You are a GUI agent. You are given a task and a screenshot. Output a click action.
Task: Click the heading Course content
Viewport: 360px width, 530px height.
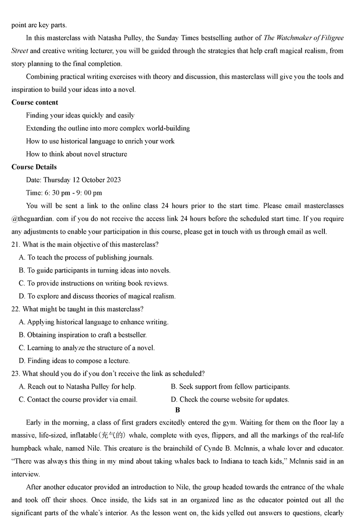(35, 102)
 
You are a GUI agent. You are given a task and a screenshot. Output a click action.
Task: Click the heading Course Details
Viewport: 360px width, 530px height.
(34, 167)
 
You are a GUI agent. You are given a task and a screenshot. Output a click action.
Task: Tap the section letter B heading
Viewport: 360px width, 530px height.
(178, 410)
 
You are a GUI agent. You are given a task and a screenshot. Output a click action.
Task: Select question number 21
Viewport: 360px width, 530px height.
(15, 245)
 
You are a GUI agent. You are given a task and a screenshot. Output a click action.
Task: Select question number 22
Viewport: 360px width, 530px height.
(15, 309)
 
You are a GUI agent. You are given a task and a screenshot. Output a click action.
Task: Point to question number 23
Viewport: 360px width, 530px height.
(15, 374)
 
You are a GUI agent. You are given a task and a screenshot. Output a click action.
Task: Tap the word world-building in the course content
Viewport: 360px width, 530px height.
(168, 128)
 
